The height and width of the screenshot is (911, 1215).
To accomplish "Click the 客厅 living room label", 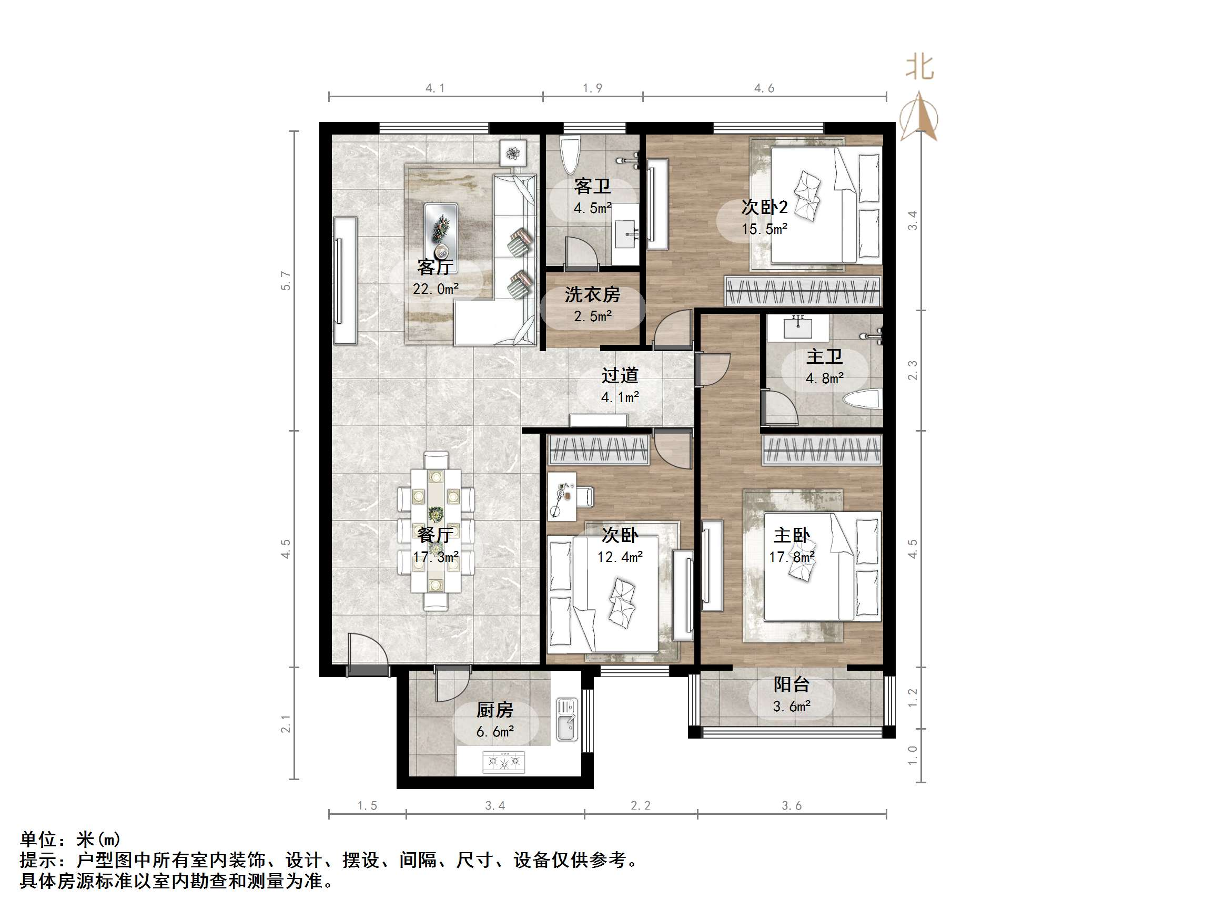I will coord(434,268).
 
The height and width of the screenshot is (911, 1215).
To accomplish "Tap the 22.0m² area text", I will coord(435,289).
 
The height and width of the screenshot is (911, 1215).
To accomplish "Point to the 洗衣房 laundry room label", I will coord(592,295).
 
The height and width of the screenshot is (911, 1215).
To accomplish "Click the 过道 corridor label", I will coord(620,376).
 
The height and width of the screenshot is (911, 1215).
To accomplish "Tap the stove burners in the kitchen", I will coord(503,762).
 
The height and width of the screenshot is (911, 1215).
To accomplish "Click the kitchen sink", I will coord(566,719).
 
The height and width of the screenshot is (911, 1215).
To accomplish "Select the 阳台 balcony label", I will coord(791,685).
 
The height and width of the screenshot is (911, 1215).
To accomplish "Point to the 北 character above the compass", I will coord(919,67).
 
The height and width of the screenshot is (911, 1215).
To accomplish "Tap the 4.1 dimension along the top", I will coord(435,88).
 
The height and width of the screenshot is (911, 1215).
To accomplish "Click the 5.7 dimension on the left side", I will coord(285,281).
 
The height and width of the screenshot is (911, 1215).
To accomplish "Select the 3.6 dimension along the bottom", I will coord(792,805).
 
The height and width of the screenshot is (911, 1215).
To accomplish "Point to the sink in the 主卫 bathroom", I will coord(797,328).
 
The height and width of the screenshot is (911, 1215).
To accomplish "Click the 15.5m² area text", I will coord(764,229).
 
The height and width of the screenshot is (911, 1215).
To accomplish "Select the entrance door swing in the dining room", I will coord(365,651).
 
